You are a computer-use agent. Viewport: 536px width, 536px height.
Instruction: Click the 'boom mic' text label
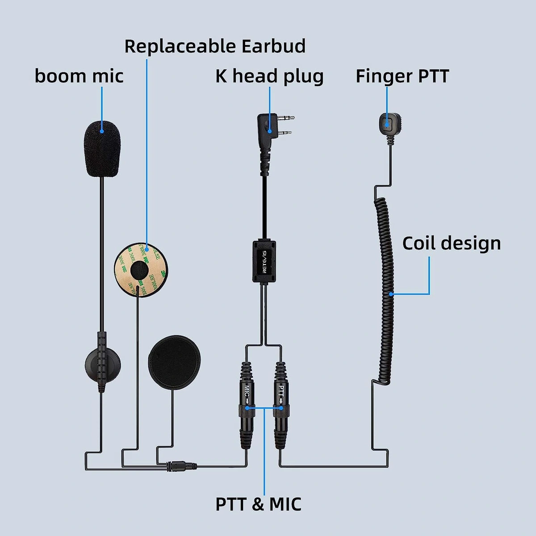click(79, 76)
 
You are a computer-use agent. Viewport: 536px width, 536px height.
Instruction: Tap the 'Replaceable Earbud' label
click(215, 46)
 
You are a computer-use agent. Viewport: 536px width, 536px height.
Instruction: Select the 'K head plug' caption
click(269, 76)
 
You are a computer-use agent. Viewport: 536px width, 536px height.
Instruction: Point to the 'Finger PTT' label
click(402, 76)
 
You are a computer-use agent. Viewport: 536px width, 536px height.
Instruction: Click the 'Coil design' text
click(451, 243)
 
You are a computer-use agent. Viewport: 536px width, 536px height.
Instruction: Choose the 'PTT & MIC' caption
click(258, 504)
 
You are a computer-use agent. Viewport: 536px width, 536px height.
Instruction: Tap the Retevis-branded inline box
click(264, 261)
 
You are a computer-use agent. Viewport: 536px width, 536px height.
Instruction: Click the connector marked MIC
click(246, 389)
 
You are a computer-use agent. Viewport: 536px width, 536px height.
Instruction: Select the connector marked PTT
click(281, 389)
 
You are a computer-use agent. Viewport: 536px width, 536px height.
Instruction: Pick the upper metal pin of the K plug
click(286, 118)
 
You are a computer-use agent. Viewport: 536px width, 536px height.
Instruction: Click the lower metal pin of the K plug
click(284, 133)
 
